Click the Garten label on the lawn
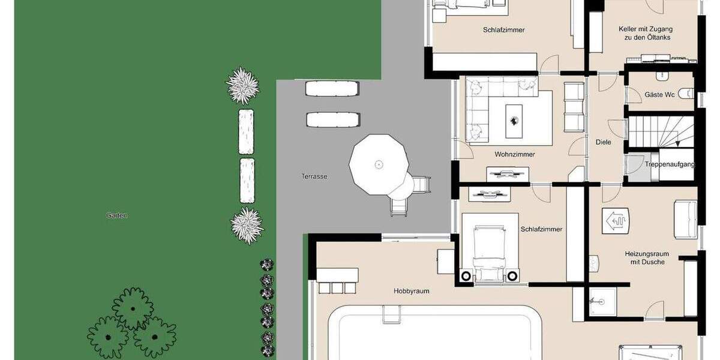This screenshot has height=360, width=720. [116, 215]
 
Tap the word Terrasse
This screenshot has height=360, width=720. [314, 176]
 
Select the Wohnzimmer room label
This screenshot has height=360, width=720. [514, 154]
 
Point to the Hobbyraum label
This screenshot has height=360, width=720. [411, 291]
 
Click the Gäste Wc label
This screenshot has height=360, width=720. [659, 95]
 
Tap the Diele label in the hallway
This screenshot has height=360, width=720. [604, 142]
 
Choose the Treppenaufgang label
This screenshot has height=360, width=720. [670, 164]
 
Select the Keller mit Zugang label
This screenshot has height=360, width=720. [645, 33]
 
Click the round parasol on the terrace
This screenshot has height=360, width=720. [379, 164]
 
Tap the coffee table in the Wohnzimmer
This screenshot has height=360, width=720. [514, 117]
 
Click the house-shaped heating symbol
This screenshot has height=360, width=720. [616, 221]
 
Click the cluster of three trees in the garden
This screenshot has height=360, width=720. [132, 323]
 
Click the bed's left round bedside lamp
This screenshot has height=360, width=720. [466, 276]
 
